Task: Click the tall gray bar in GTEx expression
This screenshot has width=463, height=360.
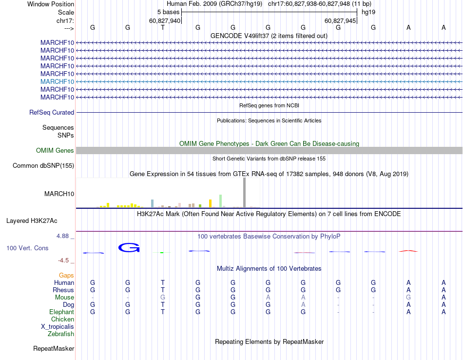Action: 245,193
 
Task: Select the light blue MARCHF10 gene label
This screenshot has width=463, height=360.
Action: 58,81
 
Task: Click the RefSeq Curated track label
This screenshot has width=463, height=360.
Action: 52,113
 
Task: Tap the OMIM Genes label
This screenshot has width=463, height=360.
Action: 55,151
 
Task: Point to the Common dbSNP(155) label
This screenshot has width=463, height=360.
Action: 43,166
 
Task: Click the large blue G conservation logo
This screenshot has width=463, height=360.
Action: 129,248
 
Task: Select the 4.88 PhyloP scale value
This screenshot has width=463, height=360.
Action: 65,236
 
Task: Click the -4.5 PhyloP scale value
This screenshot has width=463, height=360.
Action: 66,260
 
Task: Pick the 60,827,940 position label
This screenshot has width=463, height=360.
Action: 165,20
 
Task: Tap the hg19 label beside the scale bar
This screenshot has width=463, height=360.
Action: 368,12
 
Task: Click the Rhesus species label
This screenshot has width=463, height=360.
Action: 63,290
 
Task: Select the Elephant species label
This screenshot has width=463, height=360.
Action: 61,312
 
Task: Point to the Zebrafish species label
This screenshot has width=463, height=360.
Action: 61,334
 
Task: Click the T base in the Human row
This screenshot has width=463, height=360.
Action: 163,283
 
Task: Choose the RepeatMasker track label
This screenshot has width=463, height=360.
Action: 54,349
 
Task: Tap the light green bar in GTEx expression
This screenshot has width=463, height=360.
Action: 221,201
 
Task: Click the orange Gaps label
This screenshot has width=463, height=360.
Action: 66,276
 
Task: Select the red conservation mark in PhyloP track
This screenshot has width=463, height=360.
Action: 408,251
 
